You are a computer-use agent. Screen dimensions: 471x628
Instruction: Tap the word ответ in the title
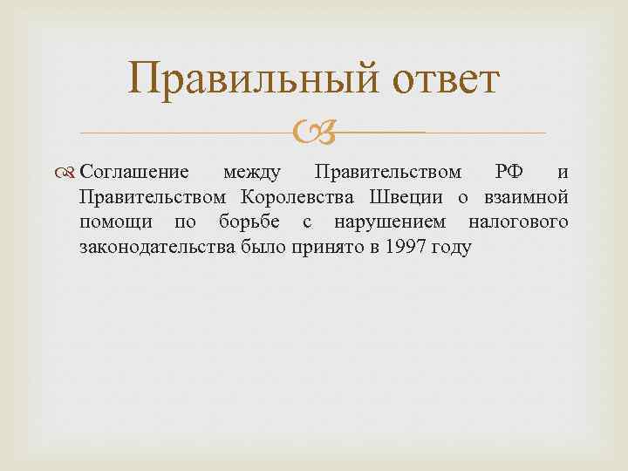(440, 80)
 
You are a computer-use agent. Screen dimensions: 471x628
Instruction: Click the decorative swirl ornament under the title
(312, 133)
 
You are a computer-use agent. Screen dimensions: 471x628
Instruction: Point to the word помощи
(111, 222)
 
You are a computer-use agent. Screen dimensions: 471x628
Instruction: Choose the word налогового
(518, 222)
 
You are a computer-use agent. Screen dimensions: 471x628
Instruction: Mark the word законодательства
(155, 248)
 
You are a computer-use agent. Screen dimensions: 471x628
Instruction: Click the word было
(259, 248)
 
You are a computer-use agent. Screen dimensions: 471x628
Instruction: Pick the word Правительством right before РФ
(388, 169)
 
